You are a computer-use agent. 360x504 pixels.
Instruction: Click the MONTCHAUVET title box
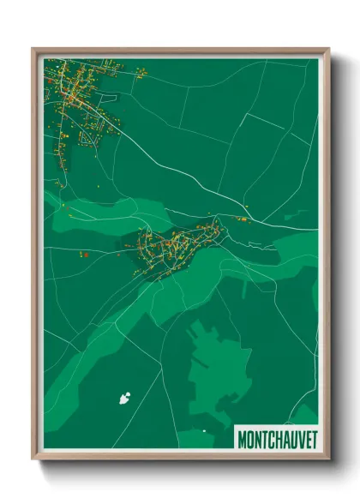click(x=275, y=438)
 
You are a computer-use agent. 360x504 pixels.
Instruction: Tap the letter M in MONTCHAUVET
click(x=242, y=439)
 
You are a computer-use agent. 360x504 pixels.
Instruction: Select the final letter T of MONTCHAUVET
click(x=312, y=439)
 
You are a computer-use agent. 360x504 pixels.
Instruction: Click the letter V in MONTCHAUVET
click(x=298, y=439)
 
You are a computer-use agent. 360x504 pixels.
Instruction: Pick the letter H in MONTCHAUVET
click(x=277, y=439)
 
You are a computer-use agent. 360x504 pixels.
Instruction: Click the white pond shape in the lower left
click(x=125, y=397)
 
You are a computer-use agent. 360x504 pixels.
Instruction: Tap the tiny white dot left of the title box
click(x=204, y=430)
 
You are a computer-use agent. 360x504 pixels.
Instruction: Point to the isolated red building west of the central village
click(x=85, y=254)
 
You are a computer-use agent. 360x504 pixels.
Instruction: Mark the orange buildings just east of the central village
click(x=241, y=220)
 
